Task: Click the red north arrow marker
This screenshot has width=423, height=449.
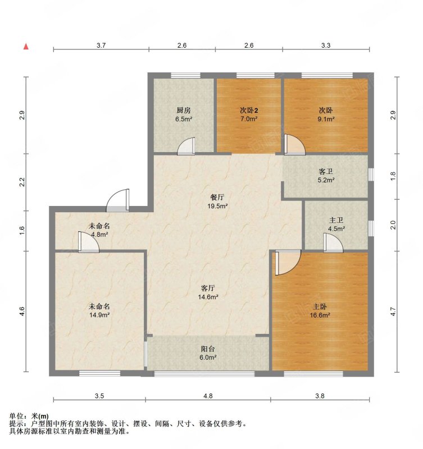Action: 26,47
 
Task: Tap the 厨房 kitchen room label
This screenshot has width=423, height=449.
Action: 184,110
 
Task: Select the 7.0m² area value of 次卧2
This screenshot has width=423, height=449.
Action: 249,119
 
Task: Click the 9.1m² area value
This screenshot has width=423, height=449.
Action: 326,119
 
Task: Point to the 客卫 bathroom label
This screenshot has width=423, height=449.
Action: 326,172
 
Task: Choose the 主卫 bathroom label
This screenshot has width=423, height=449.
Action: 336,220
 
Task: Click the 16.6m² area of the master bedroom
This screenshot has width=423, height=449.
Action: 320,315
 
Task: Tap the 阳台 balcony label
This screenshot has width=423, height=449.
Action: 208,349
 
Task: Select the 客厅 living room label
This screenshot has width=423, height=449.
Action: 208,288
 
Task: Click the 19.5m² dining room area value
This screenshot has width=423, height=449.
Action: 217,205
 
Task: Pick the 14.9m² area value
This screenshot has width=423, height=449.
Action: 99,315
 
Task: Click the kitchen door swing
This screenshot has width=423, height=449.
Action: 187,146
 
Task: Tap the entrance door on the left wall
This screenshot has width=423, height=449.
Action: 118,200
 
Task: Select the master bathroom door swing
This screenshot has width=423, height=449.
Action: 333,243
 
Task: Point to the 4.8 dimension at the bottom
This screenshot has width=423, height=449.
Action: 208,396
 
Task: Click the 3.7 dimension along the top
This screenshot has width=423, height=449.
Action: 101,45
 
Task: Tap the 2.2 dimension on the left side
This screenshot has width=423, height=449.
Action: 22,182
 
